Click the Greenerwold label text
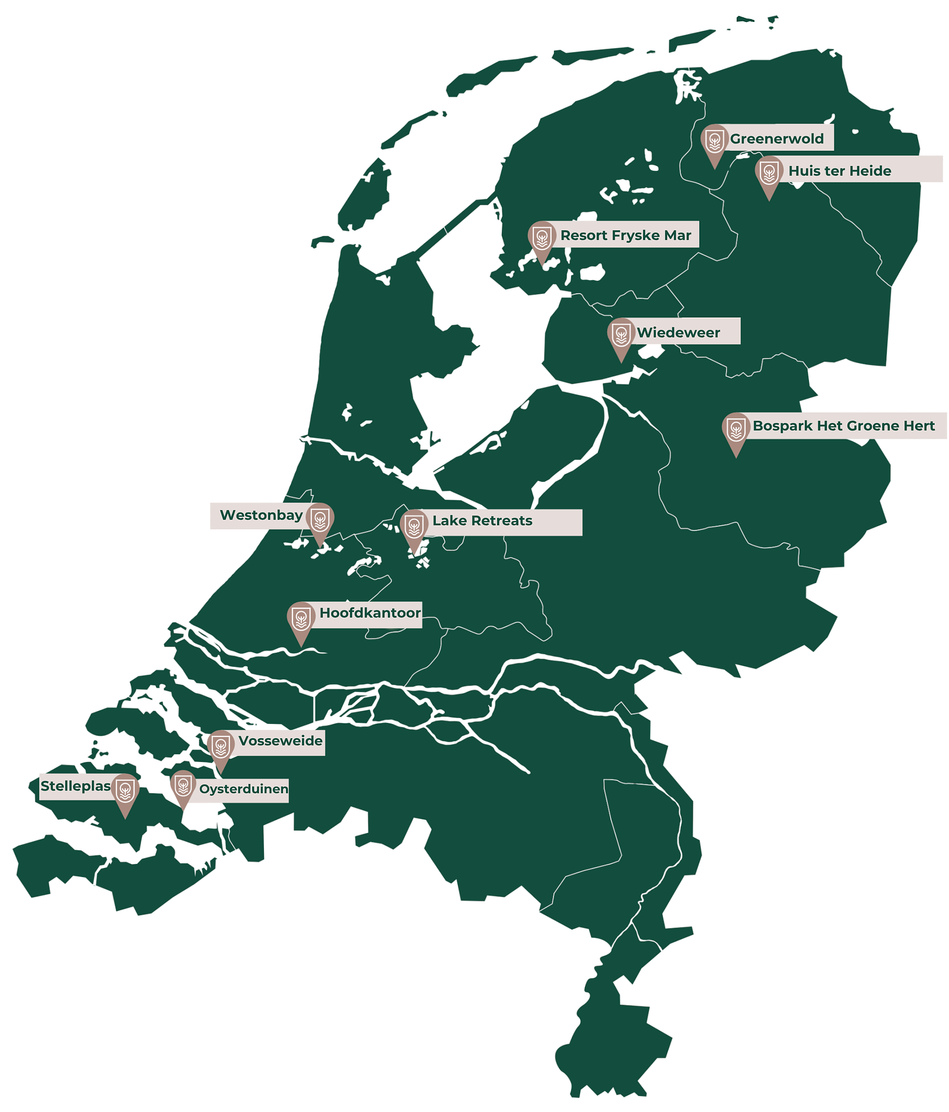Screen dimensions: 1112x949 click(x=776, y=139)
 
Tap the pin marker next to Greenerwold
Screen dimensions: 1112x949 click(x=714, y=142)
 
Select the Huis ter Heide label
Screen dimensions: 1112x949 click(x=839, y=171)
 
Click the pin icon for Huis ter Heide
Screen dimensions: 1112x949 click(x=769, y=174)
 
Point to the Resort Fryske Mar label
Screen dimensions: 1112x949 click(x=625, y=236)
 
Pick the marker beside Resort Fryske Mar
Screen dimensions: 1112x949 click(x=541, y=239)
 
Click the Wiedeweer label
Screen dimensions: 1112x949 click(x=678, y=332)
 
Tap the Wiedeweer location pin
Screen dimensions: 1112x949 click(x=621, y=336)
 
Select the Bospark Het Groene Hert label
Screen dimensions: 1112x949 click(x=843, y=426)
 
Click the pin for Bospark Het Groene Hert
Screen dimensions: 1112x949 click(x=736, y=430)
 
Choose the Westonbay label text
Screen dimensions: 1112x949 click(x=261, y=515)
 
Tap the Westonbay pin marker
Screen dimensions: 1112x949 click(x=320, y=520)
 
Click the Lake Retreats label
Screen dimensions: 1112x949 click(x=482, y=521)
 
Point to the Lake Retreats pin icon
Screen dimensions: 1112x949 click(x=414, y=526)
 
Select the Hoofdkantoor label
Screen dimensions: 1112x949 click(x=370, y=613)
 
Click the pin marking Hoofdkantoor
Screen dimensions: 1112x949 click(x=301, y=619)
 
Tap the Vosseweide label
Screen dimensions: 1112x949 click(x=280, y=741)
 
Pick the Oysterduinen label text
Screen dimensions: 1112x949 click(x=243, y=789)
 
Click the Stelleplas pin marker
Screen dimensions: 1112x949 click(x=125, y=791)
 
